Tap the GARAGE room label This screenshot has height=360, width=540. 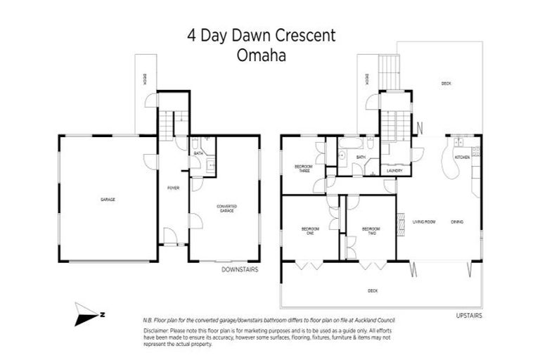[x=108, y=199]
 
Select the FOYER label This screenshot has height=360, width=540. [x=173, y=188]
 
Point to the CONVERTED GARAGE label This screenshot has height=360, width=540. [x=227, y=208]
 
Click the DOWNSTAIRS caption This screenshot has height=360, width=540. [x=240, y=269]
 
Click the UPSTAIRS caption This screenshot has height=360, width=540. [x=468, y=316]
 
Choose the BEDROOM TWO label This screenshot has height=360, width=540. [x=371, y=230]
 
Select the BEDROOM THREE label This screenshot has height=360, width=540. [x=303, y=169]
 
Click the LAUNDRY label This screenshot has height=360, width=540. [x=394, y=170]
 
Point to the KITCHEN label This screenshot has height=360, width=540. [x=462, y=157]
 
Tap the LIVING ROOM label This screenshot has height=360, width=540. [x=424, y=222]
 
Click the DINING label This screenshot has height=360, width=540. [x=457, y=222]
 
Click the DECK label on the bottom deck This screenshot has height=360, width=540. [x=373, y=290]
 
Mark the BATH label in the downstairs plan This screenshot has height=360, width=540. [x=199, y=153]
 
